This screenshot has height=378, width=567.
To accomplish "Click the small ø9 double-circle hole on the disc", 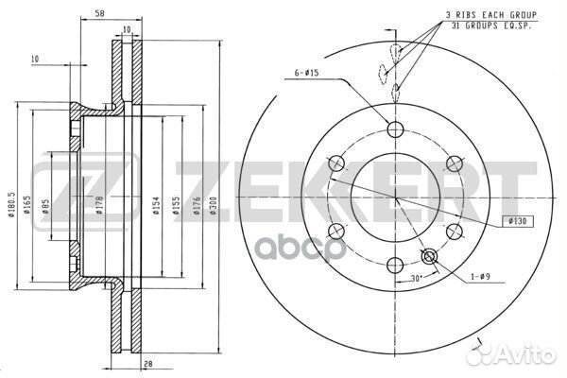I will pos(429,256).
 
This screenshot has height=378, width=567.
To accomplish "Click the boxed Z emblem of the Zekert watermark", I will pos(60,188).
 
